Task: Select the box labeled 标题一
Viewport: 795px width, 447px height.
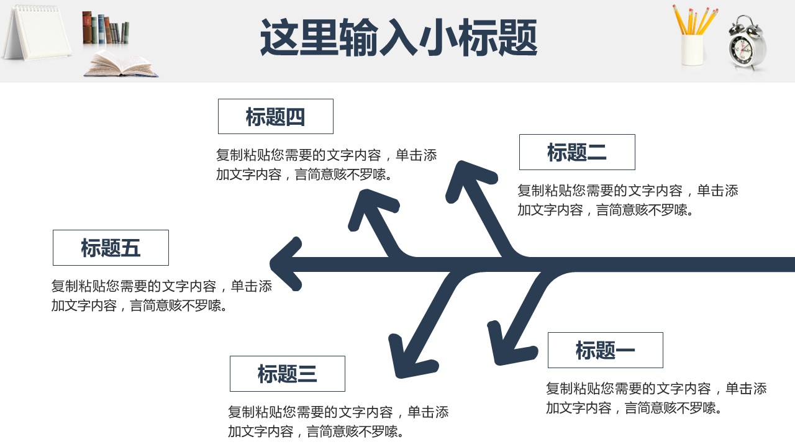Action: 605,350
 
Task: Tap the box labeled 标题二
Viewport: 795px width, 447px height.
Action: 576,152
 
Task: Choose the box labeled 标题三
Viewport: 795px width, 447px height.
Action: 287,374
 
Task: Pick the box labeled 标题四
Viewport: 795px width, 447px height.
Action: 275,117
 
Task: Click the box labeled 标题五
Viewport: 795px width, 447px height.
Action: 111,248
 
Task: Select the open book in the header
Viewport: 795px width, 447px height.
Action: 120,65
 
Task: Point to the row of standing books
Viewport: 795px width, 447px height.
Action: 105,29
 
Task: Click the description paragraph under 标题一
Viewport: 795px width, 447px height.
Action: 656,398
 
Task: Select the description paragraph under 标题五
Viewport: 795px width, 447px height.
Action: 161,296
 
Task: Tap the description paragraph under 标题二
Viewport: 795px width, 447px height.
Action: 627,200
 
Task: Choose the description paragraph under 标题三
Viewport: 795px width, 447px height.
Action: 338,422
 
